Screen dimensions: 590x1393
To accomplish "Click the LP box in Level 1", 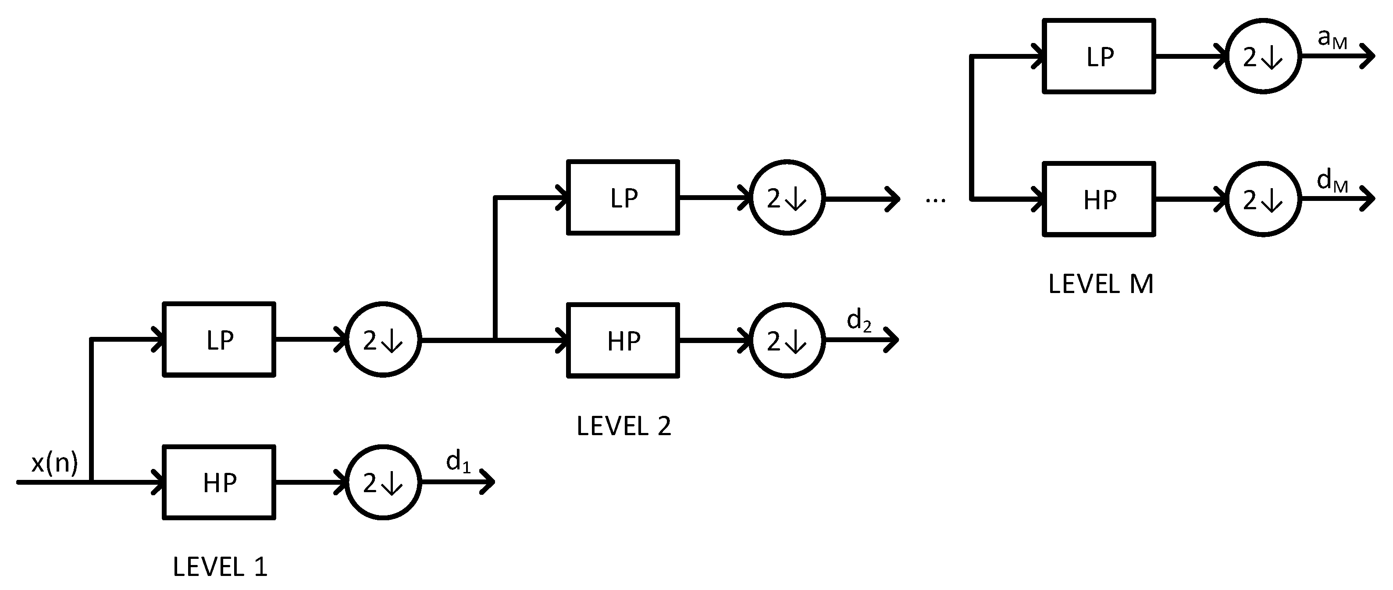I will (219, 340).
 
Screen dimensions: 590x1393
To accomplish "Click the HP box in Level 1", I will (219, 483).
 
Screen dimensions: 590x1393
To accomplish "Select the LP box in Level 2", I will (623, 198).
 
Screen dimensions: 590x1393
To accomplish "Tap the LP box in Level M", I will (1099, 56).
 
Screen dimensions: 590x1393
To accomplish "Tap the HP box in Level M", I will (1099, 200).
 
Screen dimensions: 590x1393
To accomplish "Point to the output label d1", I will (457, 462).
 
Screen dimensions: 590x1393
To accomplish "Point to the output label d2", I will (859, 320).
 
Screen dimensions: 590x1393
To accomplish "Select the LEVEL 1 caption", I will (220, 567).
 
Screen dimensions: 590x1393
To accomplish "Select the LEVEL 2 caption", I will (623, 426).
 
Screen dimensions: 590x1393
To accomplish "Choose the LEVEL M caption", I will (1101, 284).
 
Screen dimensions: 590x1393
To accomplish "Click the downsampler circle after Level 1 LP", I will (383, 340).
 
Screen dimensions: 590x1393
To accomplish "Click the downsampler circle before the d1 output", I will (383, 483).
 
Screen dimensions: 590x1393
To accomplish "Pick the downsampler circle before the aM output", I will (1263, 56).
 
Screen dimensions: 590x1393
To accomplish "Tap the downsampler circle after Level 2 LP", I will (787, 198).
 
